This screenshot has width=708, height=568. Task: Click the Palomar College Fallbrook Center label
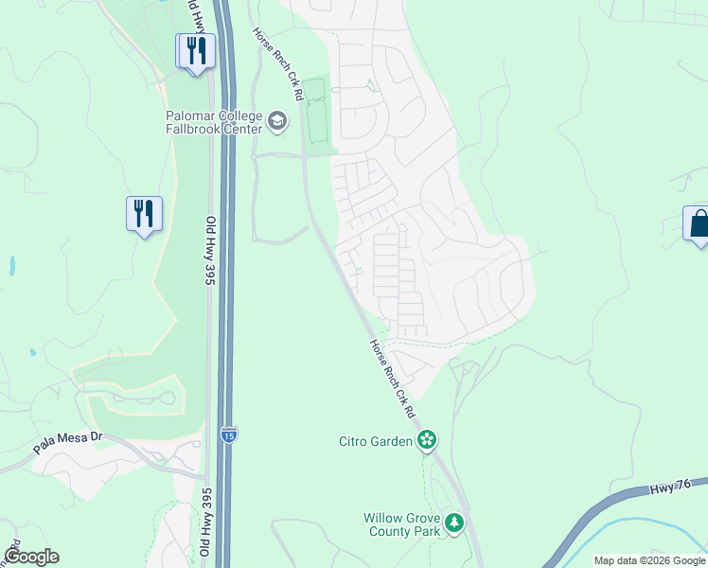tap(213, 120)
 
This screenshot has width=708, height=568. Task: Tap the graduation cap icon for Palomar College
tap(277, 120)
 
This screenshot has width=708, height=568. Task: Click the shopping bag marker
tap(699, 224)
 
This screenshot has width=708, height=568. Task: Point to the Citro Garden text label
tap(377, 440)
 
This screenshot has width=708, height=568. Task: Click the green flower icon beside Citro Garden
tap(427, 440)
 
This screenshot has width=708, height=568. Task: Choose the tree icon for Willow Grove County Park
tap(455, 524)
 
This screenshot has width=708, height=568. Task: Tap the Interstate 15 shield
tap(228, 434)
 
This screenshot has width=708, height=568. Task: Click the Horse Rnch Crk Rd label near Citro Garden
tap(392, 379)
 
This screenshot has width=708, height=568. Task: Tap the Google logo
tap(31, 557)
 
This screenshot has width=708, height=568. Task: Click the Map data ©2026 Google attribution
tap(649, 560)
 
